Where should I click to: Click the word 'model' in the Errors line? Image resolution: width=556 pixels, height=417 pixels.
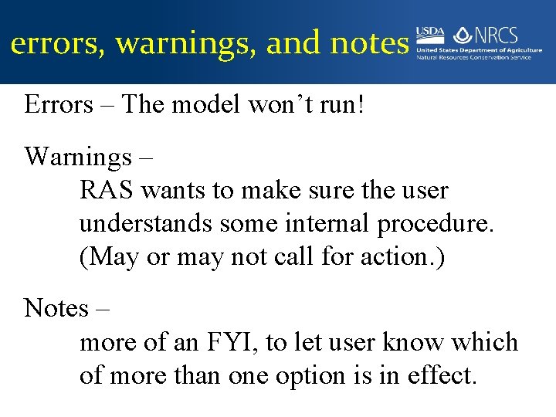(x=205, y=105)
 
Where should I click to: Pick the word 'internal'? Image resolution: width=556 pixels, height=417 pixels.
(x=327, y=223)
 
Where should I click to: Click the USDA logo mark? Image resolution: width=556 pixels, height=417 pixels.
(x=431, y=35)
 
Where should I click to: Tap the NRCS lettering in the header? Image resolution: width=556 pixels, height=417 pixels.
(x=496, y=35)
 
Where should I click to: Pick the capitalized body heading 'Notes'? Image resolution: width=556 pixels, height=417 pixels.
(x=56, y=308)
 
